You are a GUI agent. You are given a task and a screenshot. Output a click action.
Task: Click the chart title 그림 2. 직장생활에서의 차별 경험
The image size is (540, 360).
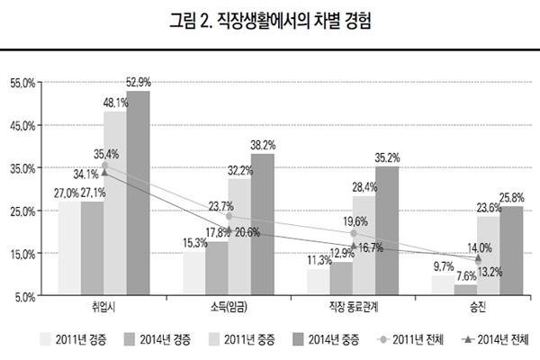pos(269,21)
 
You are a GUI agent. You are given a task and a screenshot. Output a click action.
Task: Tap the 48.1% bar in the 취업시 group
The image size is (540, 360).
pos(115,202)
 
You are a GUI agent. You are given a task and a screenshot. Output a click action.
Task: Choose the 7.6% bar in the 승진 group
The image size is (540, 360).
pos(465,289)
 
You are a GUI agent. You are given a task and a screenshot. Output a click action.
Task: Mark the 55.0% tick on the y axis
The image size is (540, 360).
pos(22,83)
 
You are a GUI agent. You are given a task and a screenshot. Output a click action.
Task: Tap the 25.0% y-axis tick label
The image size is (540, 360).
pos(22,211)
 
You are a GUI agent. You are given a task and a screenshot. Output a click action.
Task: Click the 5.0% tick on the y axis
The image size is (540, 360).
pos(24,296)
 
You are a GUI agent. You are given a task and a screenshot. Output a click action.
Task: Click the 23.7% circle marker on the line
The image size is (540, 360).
pos(229,216)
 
